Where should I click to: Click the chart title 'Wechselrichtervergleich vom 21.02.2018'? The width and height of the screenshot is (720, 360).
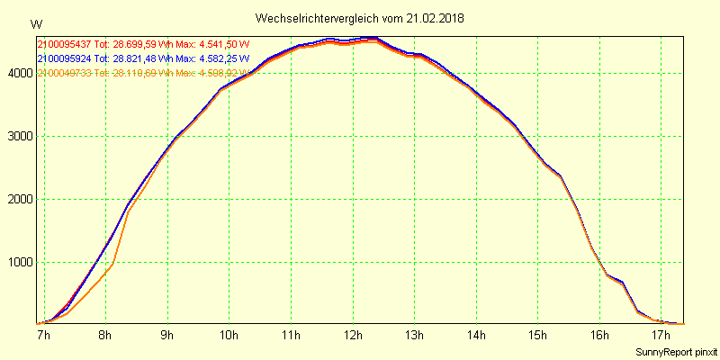pyautogui.click(x=360, y=18)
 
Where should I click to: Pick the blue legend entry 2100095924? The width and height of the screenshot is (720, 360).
pyautogui.click(x=65, y=58)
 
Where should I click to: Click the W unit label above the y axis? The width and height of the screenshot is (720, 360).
pyautogui.click(x=35, y=24)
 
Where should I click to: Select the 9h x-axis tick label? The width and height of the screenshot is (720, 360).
pyautogui.click(x=168, y=336)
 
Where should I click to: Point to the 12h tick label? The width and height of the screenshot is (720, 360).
pyautogui.click(x=353, y=336)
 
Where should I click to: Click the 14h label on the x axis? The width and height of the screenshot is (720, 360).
pyautogui.click(x=476, y=336)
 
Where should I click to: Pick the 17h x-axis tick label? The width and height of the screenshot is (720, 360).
pyautogui.click(x=661, y=336)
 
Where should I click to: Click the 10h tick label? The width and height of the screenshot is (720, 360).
pyautogui.click(x=229, y=336)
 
